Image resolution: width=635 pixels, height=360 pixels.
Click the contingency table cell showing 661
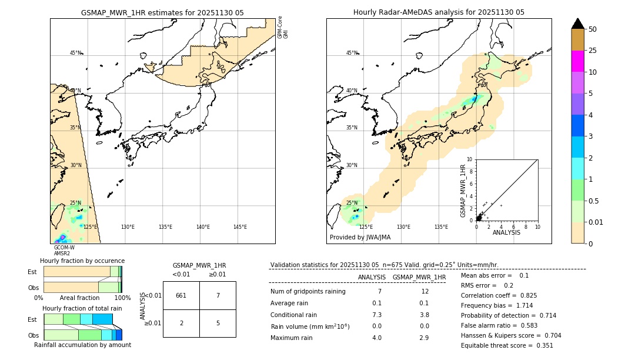pyautogui.click(x=181, y=295)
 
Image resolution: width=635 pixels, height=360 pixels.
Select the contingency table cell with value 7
pyautogui.click(x=218, y=295)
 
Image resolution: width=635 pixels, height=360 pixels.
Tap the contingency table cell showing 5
pyautogui.click(x=218, y=323)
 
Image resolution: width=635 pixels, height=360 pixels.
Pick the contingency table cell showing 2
pyautogui.click(x=181, y=323)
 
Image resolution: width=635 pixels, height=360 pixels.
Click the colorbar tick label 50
pyautogui.click(x=593, y=29)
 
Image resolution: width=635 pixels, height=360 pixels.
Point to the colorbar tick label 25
pyautogui.click(x=593, y=51)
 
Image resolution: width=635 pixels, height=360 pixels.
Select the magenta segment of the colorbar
pyautogui.click(x=578, y=61)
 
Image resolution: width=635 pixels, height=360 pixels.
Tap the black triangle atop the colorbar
pyautogui.click(x=578, y=24)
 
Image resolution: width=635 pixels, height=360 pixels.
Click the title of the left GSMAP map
pyautogui.click(x=162, y=12)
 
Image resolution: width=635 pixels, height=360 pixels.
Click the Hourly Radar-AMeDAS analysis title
pyautogui.click(x=439, y=12)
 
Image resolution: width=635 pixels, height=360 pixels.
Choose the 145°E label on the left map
pyautogui.click(x=240, y=227)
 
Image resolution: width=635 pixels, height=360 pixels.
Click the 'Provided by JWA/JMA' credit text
pyautogui.click(x=360, y=238)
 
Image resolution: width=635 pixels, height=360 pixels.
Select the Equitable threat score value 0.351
pyautogui.click(x=541, y=345)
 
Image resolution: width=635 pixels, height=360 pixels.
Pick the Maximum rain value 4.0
pyautogui.click(x=377, y=338)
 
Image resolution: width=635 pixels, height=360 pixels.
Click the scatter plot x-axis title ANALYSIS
pyautogui.click(x=507, y=233)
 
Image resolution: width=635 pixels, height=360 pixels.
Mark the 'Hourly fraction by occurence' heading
pyautogui.click(x=82, y=261)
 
